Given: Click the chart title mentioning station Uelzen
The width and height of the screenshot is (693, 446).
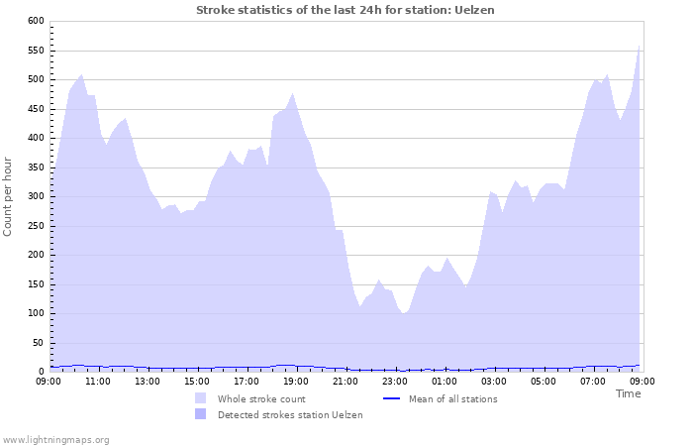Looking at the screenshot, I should [x=346, y=10].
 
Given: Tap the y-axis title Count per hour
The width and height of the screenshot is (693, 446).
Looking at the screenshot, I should [x=9, y=196].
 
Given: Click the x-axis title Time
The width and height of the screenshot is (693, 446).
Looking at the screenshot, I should [x=628, y=393].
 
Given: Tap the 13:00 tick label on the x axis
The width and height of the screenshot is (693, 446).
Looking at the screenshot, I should [x=148, y=381].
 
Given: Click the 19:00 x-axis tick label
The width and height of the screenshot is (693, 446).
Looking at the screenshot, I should [x=296, y=381].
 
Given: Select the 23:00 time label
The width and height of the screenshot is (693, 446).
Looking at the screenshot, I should [x=395, y=381].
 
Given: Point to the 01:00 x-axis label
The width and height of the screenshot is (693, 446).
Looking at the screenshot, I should [x=445, y=381].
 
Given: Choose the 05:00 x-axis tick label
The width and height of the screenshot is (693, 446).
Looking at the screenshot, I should [x=544, y=381].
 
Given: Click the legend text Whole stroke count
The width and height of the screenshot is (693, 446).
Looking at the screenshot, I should [x=261, y=399].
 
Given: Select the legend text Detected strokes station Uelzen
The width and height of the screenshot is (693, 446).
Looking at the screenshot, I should [x=290, y=415].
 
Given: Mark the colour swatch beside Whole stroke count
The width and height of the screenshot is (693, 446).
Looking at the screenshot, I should [x=201, y=399].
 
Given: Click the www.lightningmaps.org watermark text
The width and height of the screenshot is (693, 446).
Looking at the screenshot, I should [x=55, y=439].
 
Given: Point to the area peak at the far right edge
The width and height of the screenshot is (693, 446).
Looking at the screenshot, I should [x=640, y=47].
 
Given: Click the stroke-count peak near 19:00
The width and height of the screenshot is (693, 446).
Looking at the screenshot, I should [x=292, y=95].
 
